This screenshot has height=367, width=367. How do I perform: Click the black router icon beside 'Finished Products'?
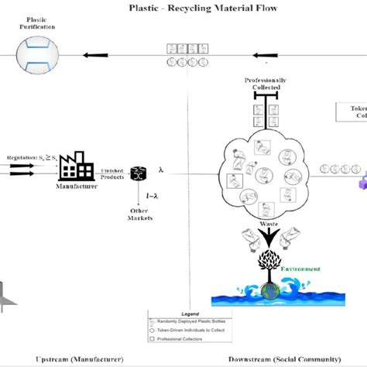[139, 173]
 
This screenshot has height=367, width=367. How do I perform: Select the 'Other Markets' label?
[140, 214]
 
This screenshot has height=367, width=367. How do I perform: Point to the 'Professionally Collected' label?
[266, 84]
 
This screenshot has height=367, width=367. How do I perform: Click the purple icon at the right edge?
[362, 183]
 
